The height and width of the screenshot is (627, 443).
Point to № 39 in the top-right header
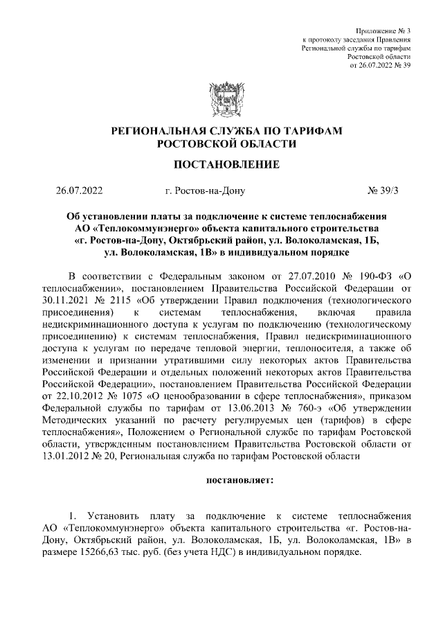(x=400, y=65)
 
